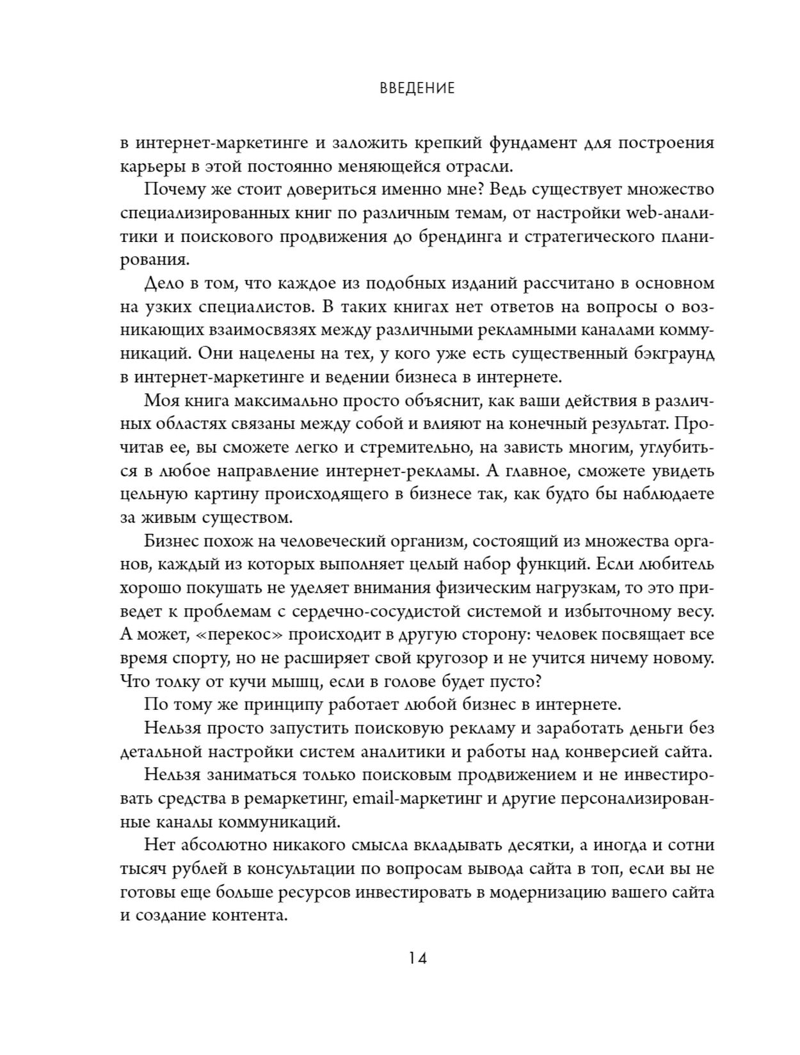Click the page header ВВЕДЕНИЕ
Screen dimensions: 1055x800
[x=417, y=88]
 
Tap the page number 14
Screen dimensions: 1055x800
[x=417, y=958]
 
